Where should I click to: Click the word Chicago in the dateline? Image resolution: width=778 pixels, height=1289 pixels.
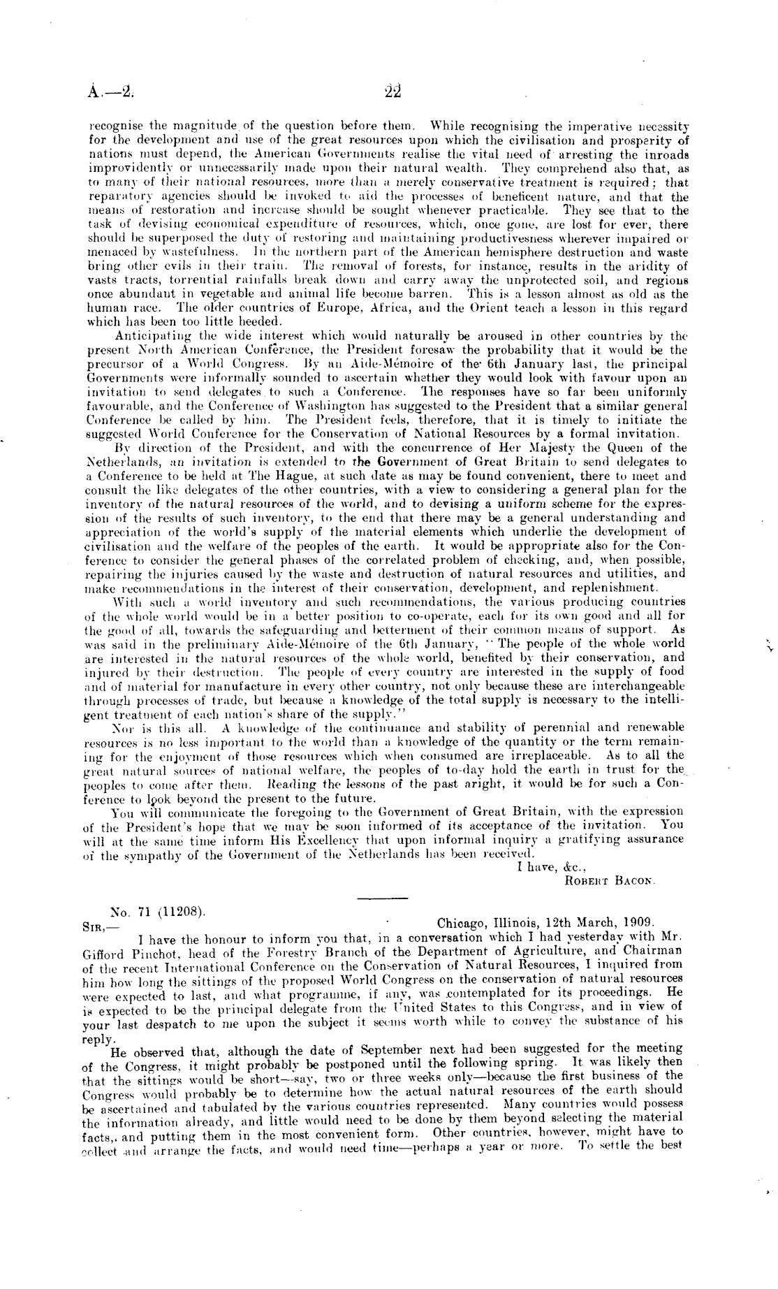tap(460, 923)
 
